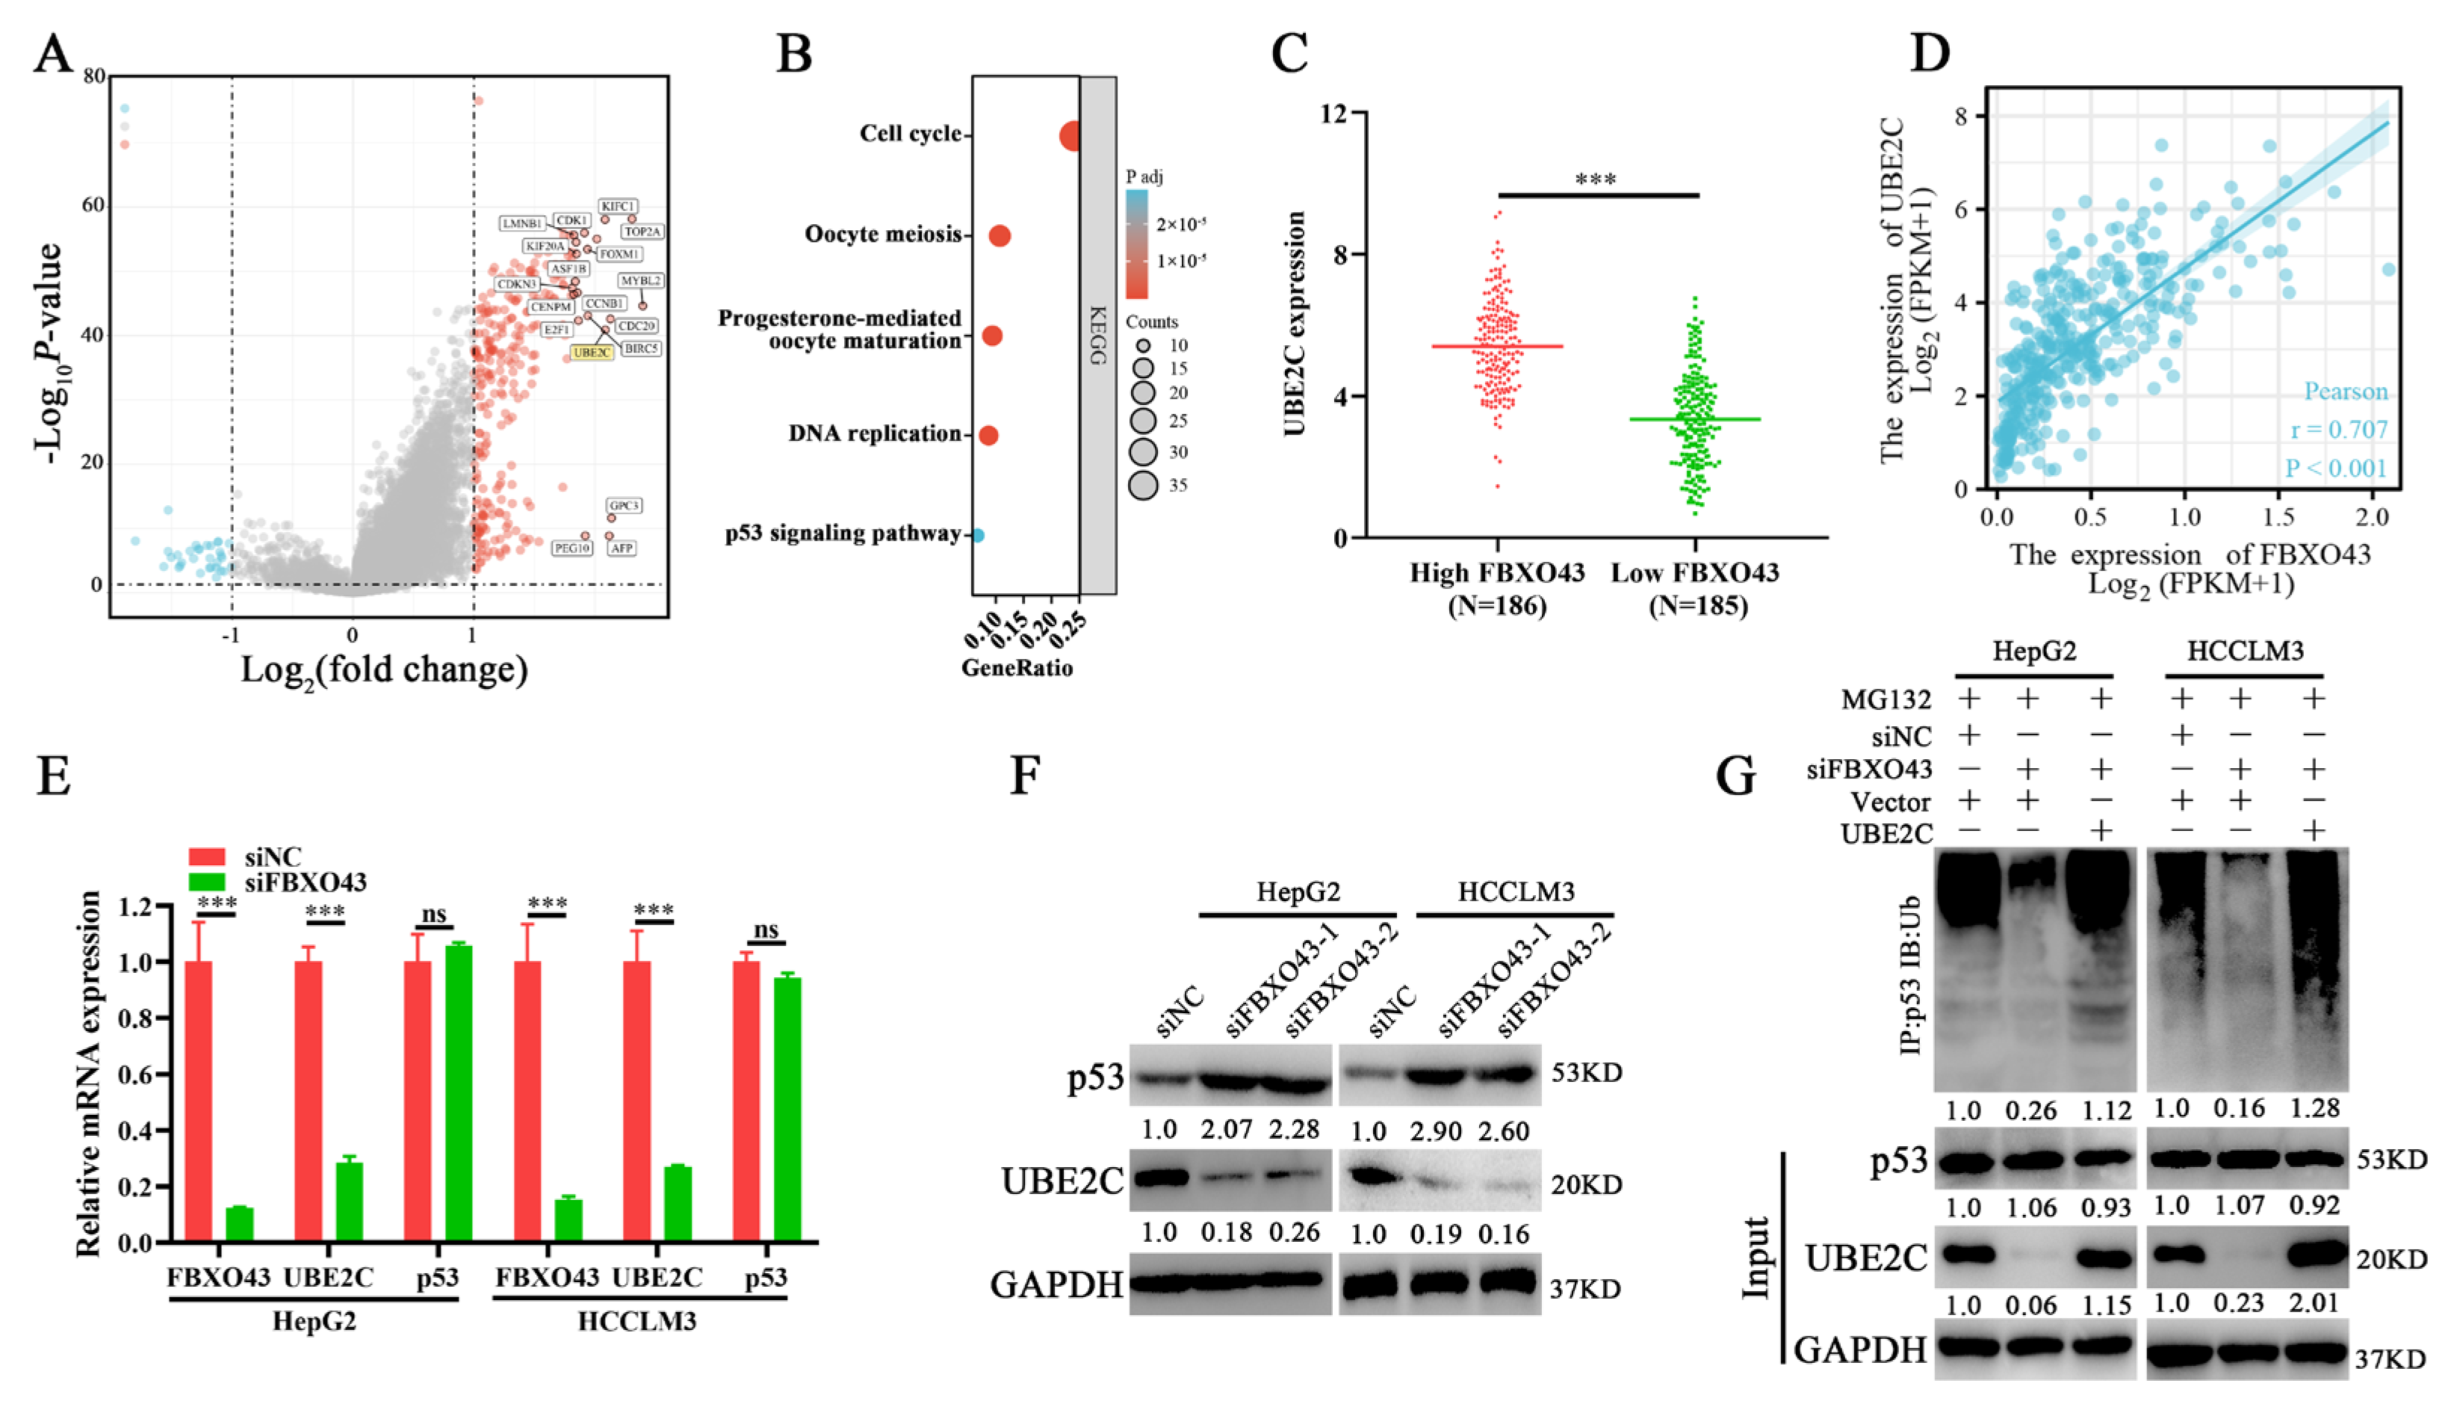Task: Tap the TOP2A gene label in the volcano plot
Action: (x=642, y=232)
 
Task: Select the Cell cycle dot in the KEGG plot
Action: (x=1070, y=137)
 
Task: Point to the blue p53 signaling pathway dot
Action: (x=977, y=535)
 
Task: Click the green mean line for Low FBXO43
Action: (x=1695, y=419)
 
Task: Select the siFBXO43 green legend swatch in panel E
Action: (x=207, y=882)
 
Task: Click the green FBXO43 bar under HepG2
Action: (x=240, y=1224)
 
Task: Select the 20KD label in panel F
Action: (x=1585, y=1184)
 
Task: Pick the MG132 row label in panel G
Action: (x=1885, y=699)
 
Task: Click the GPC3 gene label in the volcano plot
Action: (x=623, y=506)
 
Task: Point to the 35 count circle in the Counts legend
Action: (x=1143, y=485)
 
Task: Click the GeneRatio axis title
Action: (x=1017, y=668)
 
